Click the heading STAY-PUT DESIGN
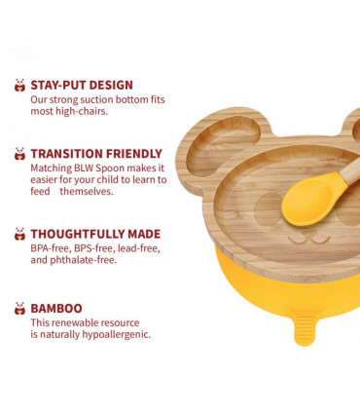tap(82, 85)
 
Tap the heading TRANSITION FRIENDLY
tap(95, 153)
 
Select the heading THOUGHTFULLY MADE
tap(95, 234)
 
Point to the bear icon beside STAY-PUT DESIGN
tap(19, 85)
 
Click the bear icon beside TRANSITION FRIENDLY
tap(19, 153)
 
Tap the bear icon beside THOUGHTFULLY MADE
tap(19, 234)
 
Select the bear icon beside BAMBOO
tap(19, 308)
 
